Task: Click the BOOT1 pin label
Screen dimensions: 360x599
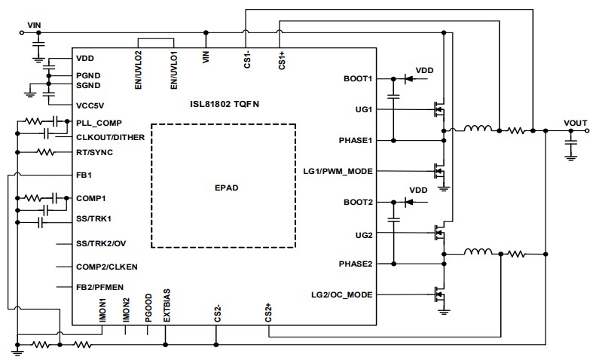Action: click(357, 78)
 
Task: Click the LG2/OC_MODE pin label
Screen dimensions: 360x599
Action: click(341, 294)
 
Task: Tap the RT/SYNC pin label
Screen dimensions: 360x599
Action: click(94, 152)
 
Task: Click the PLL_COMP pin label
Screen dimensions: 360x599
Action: click(99, 122)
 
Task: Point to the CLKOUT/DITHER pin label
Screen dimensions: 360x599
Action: click(111, 137)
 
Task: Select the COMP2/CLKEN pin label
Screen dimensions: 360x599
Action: click(106, 267)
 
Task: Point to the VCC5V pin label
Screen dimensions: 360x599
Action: click(90, 105)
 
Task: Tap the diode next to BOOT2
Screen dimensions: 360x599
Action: click(408, 202)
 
